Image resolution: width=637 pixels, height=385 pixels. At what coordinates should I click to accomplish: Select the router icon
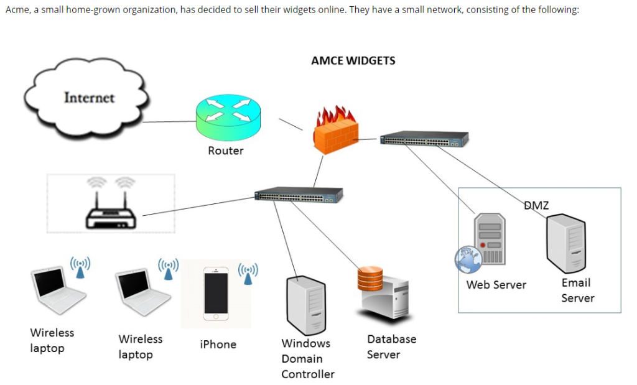[x=228, y=118]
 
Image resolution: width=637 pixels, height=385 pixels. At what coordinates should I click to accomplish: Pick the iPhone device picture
[x=216, y=294]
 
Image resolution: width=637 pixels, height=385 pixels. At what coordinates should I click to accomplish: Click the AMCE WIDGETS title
[x=353, y=60]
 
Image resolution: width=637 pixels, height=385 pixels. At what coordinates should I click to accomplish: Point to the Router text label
[x=226, y=151]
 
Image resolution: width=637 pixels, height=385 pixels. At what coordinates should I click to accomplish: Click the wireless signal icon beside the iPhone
[x=248, y=274]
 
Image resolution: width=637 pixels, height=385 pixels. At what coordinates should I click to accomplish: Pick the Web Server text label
[x=496, y=285]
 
